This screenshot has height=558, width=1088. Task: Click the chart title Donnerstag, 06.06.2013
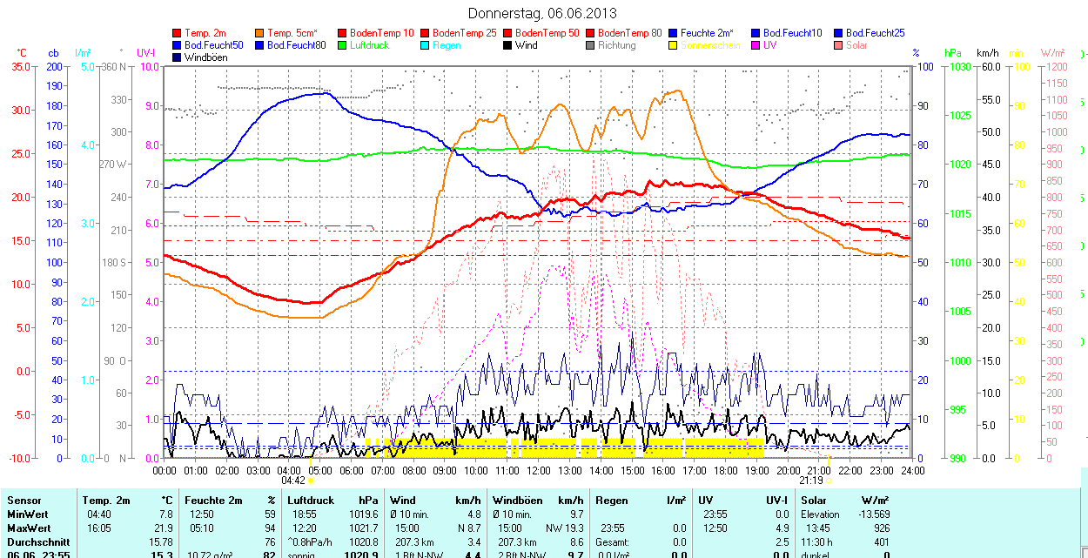click(x=542, y=13)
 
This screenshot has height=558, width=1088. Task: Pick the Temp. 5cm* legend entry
click(x=292, y=33)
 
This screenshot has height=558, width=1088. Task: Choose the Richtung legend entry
click(x=616, y=45)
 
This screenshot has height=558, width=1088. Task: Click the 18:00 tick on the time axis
click(x=725, y=470)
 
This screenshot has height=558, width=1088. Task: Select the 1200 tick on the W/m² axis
click(x=1055, y=66)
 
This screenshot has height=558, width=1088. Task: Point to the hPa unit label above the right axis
click(x=953, y=53)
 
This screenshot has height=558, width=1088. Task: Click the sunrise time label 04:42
click(x=293, y=481)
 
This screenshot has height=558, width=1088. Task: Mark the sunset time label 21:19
click(x=810, y=481)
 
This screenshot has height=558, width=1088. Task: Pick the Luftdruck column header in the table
click(x=311, y=501)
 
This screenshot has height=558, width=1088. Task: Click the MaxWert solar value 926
click(x=882, y=528)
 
